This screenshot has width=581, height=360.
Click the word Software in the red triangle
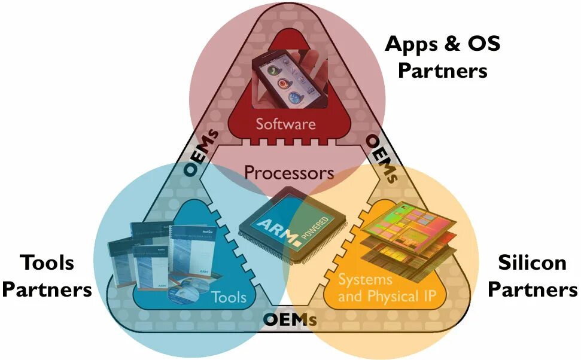click(285, 124)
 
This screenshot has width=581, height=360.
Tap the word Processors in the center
click(289, 173)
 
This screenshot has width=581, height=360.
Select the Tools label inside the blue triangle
click(229, 297)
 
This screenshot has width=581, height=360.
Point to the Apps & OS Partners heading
click(443, 57)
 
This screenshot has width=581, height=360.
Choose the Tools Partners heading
click(47, 276)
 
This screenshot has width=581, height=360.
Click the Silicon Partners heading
click(533, 276)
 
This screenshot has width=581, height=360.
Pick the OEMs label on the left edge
click(200, 153)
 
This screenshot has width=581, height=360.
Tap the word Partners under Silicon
click(533, 290)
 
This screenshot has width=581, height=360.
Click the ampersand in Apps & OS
click(441, 44)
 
